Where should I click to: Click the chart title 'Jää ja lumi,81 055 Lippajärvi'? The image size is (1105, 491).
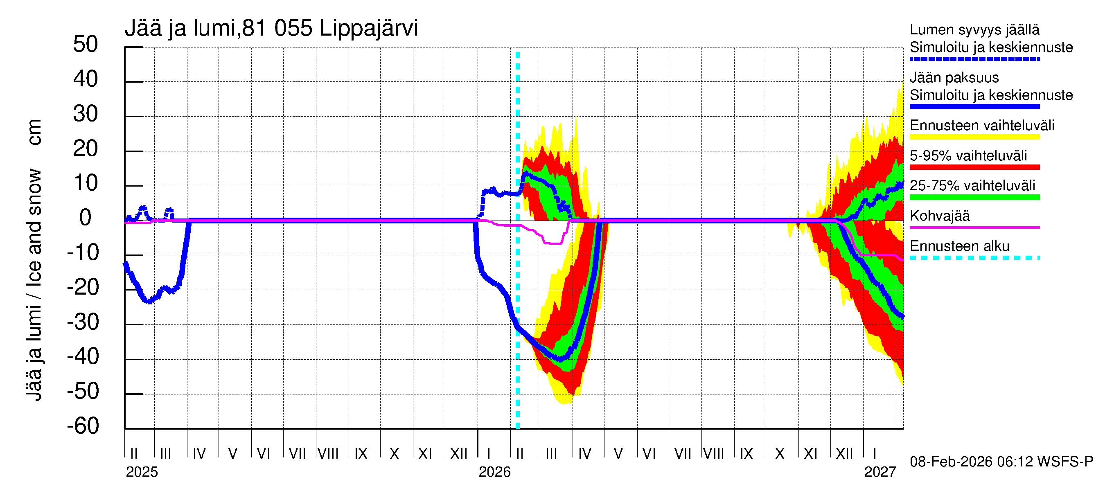coord(271,29)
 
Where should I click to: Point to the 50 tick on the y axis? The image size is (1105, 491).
coord(86,45)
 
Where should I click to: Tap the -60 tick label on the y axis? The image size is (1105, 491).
coord(83,426)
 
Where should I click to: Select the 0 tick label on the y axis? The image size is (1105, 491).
coord(86,218)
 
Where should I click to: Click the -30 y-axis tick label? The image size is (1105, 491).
coord(83,322)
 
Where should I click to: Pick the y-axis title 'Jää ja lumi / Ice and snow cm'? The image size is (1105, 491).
coord(34,260)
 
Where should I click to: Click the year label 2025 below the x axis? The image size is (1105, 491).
coord(142,472)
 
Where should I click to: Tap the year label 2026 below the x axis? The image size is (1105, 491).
coord(495,472)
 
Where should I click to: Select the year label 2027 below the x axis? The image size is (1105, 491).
coord(880,472)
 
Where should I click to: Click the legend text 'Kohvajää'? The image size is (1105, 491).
coord(940,216)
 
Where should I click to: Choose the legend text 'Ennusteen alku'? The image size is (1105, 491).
coord(960,246)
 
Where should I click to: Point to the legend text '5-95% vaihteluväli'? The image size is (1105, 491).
coord(969,155)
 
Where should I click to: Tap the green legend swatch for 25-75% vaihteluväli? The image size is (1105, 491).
coord(974,197)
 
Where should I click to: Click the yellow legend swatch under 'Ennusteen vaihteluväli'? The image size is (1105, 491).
coord(974,137)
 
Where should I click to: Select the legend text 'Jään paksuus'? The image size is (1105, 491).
coord(954,78)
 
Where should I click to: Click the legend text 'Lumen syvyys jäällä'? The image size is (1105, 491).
coord(974,29)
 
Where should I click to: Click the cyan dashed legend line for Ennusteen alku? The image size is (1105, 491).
coord(974,258)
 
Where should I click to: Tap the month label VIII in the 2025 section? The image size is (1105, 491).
coord(328,453)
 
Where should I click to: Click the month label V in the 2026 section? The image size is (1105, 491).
coord(618,453)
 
